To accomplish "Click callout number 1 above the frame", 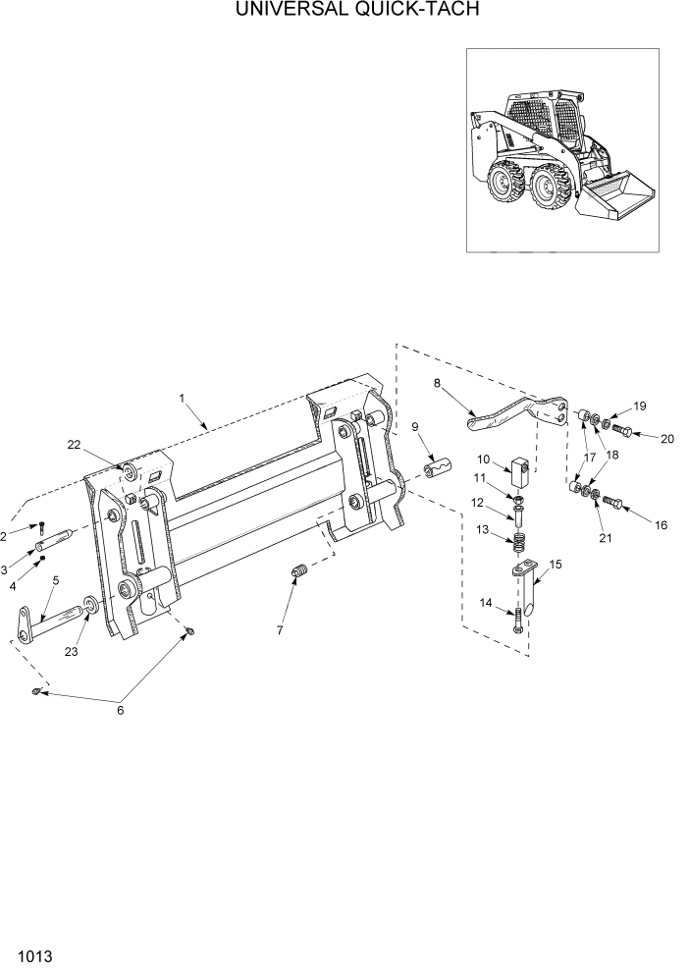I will coord(183,398).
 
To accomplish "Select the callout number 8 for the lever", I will coord(436,384).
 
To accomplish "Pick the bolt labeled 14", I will coord(517,621).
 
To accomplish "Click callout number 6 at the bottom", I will coord(121,711).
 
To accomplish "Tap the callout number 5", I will coord(55,580).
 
